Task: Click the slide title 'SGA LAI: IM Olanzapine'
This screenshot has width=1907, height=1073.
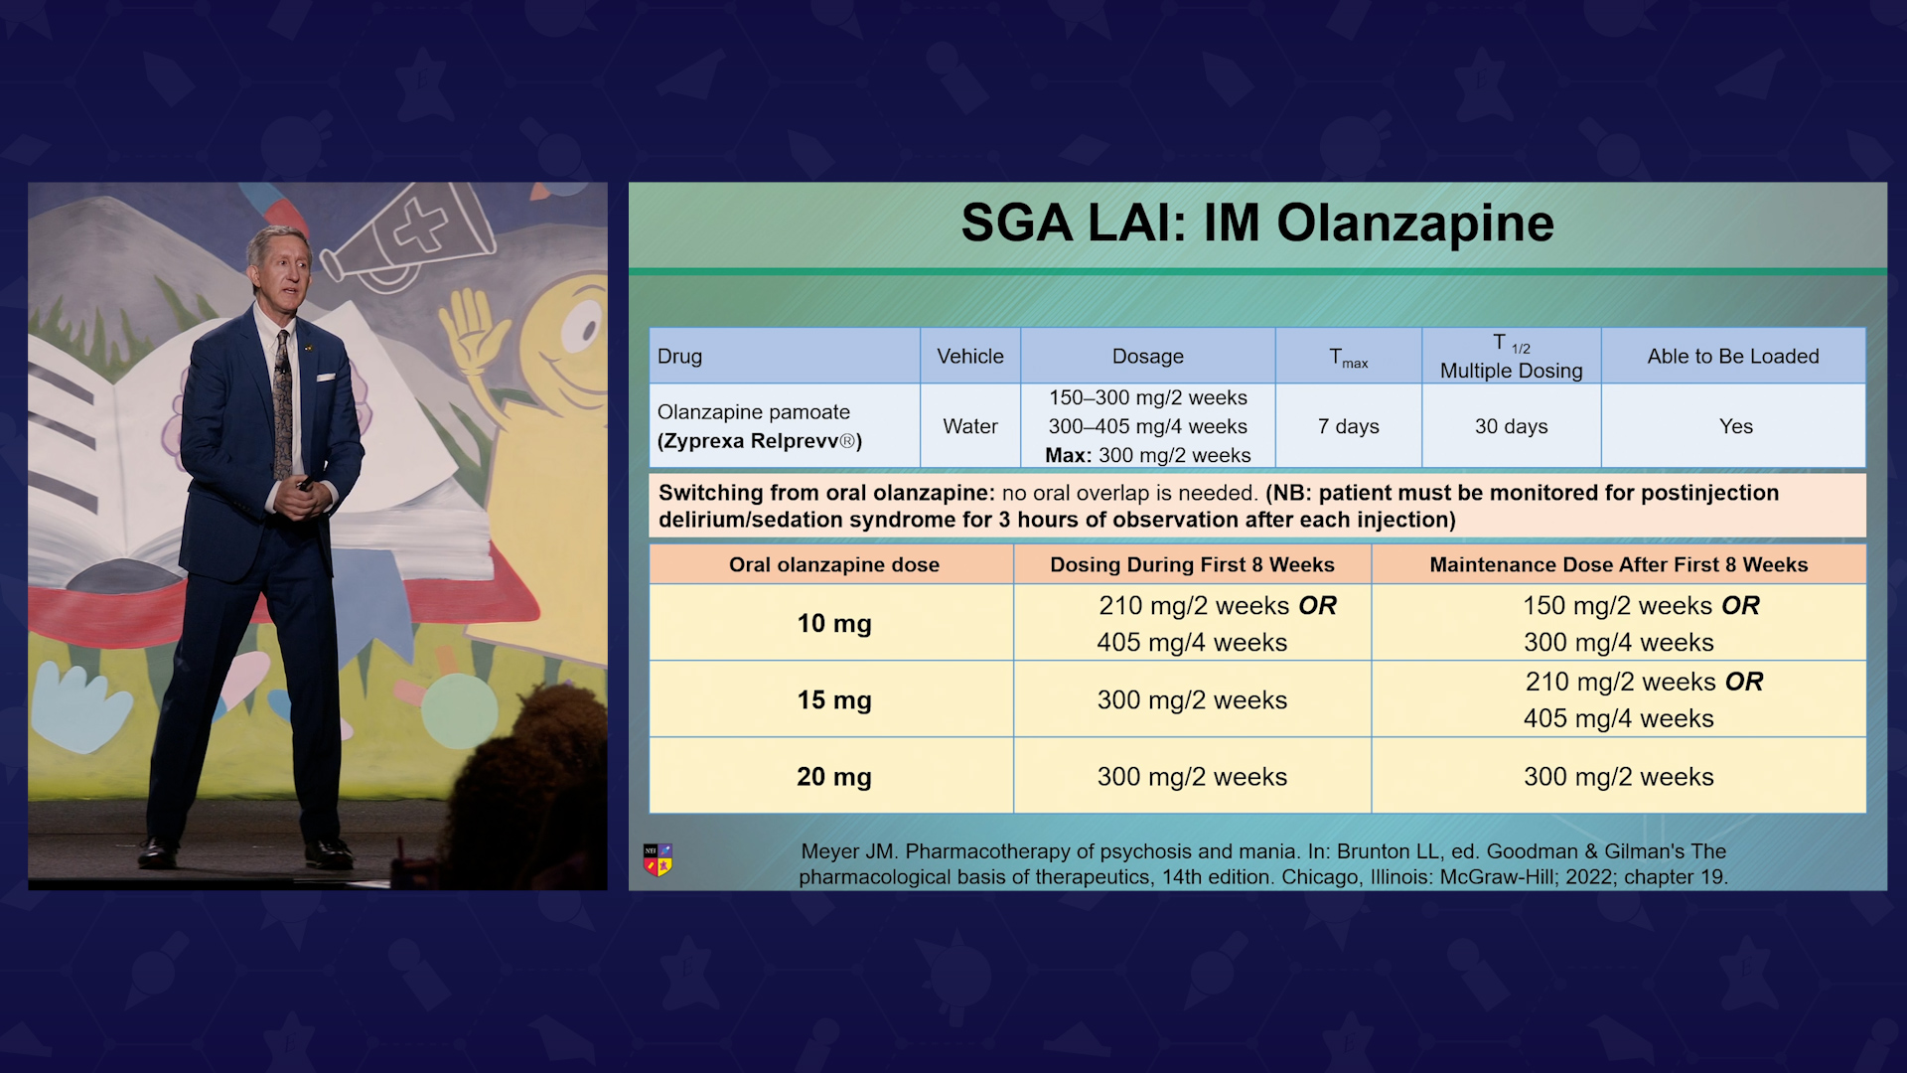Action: pos(1257,223)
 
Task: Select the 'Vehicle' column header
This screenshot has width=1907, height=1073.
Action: pos(970,356)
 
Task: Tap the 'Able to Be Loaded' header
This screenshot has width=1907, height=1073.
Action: pos(1733,356)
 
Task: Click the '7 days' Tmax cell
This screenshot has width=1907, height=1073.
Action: pos(1349,426)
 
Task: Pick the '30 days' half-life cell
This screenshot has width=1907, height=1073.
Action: pos(1511,426)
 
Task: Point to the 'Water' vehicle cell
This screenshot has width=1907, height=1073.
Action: pos(970,426)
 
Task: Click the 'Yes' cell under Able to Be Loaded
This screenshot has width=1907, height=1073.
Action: pos(1736,426)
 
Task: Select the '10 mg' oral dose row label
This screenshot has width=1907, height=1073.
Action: pos(834,623)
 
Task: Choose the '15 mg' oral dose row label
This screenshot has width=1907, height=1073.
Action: pos(834,699)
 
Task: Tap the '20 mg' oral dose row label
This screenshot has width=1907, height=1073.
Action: pos(834,776)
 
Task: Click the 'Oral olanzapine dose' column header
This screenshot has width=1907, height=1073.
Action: pos(834,564)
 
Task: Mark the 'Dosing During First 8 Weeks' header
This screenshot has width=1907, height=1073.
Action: pos(1192,564)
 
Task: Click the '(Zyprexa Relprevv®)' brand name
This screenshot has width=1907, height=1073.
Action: pos(760,441)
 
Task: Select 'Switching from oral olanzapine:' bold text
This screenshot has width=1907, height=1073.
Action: pos(826,493)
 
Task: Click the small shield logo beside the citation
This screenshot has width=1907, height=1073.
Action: pos(658,859)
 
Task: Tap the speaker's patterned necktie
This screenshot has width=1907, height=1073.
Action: pos(283,402)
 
